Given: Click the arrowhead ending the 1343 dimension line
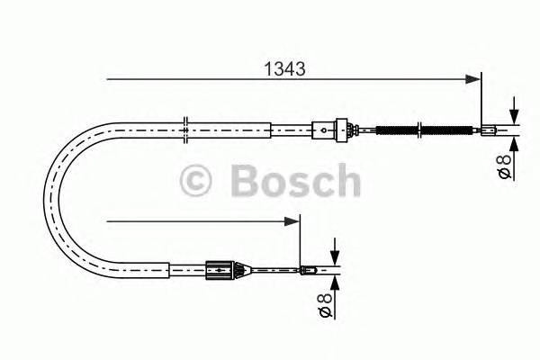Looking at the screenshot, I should [x=475, y=80].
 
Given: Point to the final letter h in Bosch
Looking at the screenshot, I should [x=347, y=181].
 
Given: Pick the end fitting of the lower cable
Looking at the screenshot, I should [x=308, y=267].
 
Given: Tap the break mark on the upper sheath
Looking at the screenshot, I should [x=184, y=129].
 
